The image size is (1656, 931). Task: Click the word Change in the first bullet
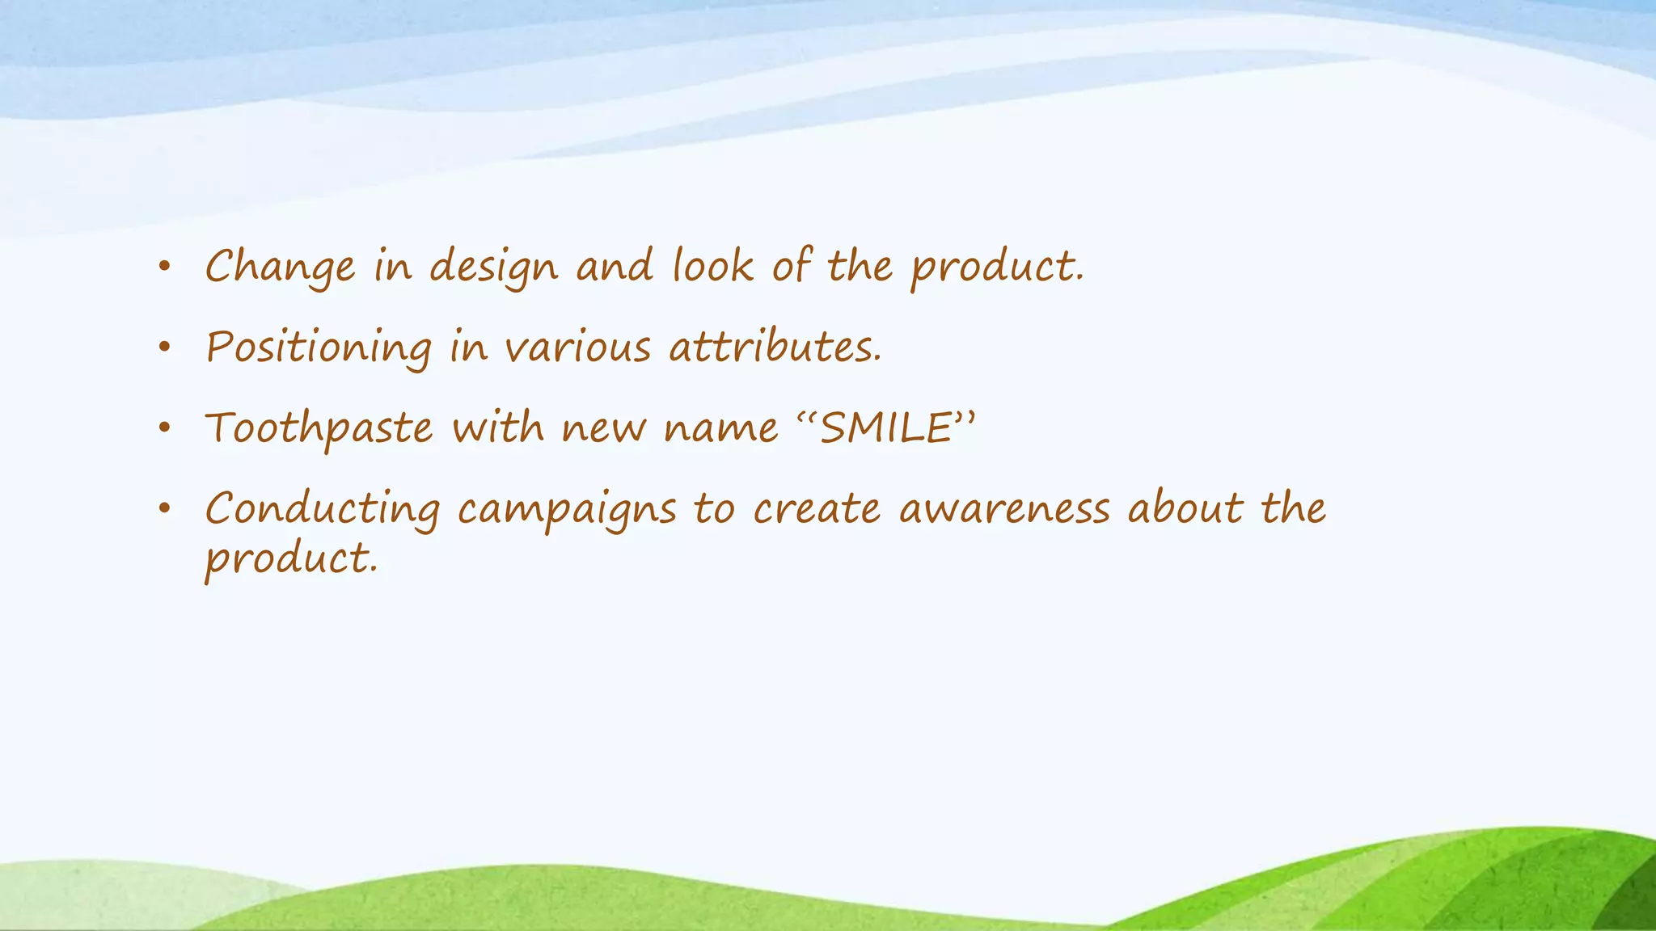coord(280,267)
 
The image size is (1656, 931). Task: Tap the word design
coord(493,267)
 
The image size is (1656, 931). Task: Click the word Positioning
coord(319,348)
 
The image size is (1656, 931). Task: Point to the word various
coord(577,348)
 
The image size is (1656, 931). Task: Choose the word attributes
coord(775,348)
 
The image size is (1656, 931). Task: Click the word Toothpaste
coord(319,428)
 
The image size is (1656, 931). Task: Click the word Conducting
coord(323,509)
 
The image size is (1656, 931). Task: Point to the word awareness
coord(1004,509)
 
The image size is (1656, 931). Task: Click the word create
coord(817,509)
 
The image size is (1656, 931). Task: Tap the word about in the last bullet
coord(1185,509)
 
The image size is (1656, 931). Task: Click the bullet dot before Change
coord(165,267)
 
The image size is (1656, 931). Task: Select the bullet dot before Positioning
coord(165,348)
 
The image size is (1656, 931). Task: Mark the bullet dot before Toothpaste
coord(165,428)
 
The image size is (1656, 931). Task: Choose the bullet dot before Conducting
coord(165,509)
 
